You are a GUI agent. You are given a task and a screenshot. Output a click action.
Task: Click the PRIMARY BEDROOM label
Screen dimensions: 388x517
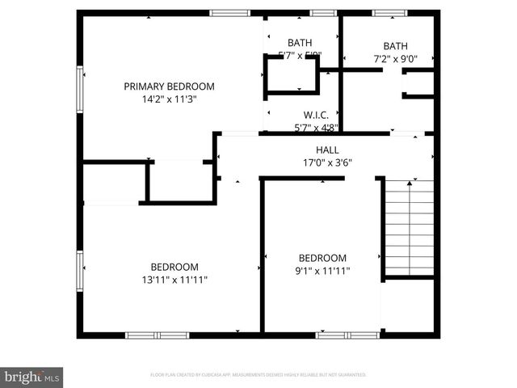click(x=169, y=86)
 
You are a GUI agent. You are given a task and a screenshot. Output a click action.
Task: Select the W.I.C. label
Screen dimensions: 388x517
click(x=315, y=115)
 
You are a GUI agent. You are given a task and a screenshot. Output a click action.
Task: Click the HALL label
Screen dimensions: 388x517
click(x=327, y=150)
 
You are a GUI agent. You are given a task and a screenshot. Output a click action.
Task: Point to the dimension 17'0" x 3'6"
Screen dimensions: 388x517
click(x=327, y=162)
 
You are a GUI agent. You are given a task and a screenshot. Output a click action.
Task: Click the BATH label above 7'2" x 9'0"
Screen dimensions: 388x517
click(x=396, y=46)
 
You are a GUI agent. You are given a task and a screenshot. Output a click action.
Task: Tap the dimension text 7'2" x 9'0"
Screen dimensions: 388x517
click(x=396, y=58)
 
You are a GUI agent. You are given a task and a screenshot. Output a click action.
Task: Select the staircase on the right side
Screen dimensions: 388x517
click(x=409, y=228)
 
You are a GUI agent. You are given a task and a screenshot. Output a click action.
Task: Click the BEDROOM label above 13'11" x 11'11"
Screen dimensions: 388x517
click(x=174, y=267)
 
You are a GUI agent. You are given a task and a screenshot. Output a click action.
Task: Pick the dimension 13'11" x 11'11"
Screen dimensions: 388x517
click(x=174, y=280)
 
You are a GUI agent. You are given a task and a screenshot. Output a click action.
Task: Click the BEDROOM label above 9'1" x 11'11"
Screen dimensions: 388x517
click(x=322, y=259)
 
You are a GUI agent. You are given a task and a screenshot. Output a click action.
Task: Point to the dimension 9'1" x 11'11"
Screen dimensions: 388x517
click(x=322, y=272)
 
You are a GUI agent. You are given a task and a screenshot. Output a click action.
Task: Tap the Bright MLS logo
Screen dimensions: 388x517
click(x=32, y=376)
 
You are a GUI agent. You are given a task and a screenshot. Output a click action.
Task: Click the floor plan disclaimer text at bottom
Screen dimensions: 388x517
click(x=258, y=375)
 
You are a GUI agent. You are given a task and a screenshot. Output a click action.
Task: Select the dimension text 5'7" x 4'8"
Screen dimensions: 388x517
click(x=315, y=127)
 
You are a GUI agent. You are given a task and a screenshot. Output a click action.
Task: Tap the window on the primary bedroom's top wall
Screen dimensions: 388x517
click(x=230, y=13)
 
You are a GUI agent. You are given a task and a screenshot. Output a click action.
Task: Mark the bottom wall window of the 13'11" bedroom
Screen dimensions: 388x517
click(x=145, y=335)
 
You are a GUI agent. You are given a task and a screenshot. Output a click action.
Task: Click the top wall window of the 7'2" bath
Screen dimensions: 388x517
click(x=389, y=13)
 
